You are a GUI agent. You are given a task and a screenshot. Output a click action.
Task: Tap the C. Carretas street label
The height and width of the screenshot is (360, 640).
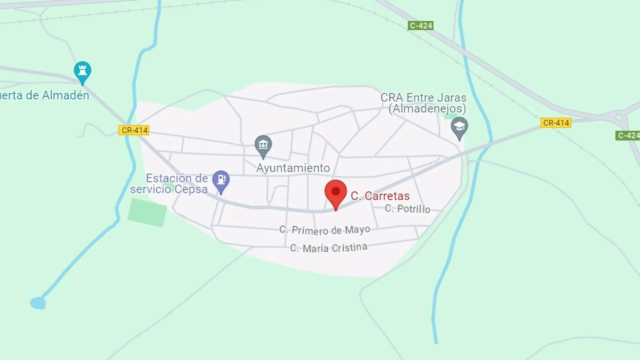coord(380,196)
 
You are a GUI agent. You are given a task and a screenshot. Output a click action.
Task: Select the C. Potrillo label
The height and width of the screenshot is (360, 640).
coord(407,209)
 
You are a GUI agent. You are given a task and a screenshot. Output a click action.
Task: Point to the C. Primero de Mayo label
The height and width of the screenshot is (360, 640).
coord(325,230)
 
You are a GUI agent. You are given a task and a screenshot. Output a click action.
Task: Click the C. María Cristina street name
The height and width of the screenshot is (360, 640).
coord(328,248)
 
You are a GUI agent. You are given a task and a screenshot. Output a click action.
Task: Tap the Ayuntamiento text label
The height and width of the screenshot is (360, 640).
coord(293,168)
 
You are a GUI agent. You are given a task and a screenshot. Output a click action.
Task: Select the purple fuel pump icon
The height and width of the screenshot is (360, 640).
coord(221,180)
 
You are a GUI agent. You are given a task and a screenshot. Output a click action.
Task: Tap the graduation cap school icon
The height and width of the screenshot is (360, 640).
coord(459,127)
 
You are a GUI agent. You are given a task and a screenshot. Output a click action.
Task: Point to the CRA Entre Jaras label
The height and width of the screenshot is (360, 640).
coord(423,98)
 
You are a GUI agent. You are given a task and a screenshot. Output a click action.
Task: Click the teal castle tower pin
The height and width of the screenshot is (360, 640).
coord(83,71)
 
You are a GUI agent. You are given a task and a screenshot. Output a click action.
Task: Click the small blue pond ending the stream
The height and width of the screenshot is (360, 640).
coord(38,303)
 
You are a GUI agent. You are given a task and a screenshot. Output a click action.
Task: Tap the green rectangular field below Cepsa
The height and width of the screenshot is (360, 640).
coord(147,212)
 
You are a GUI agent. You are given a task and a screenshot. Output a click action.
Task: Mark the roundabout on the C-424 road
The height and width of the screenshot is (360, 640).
coord(619,117)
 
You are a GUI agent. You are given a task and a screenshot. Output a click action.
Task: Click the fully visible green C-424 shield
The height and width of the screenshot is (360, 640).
coord(420,26)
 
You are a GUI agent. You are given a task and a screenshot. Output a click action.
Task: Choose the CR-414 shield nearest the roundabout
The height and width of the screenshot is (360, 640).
coord(556,123)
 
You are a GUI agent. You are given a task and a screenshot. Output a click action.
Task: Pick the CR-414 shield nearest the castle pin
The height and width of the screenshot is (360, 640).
coord(134,130)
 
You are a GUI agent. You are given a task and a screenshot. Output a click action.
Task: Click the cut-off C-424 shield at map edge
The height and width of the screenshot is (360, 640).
coord(628,135)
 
